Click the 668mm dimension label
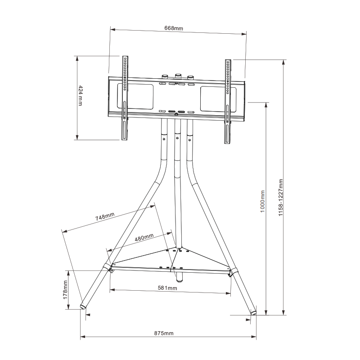click(x=174, y=28)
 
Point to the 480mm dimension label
click(x=144, y=237)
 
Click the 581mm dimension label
click(x=167, y=288)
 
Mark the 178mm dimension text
click(x=65, y=290)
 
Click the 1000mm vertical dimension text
click(x=262, y=203)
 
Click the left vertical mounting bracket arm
click(x=124, y=99)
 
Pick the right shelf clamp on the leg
click(x=234, y=272)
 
